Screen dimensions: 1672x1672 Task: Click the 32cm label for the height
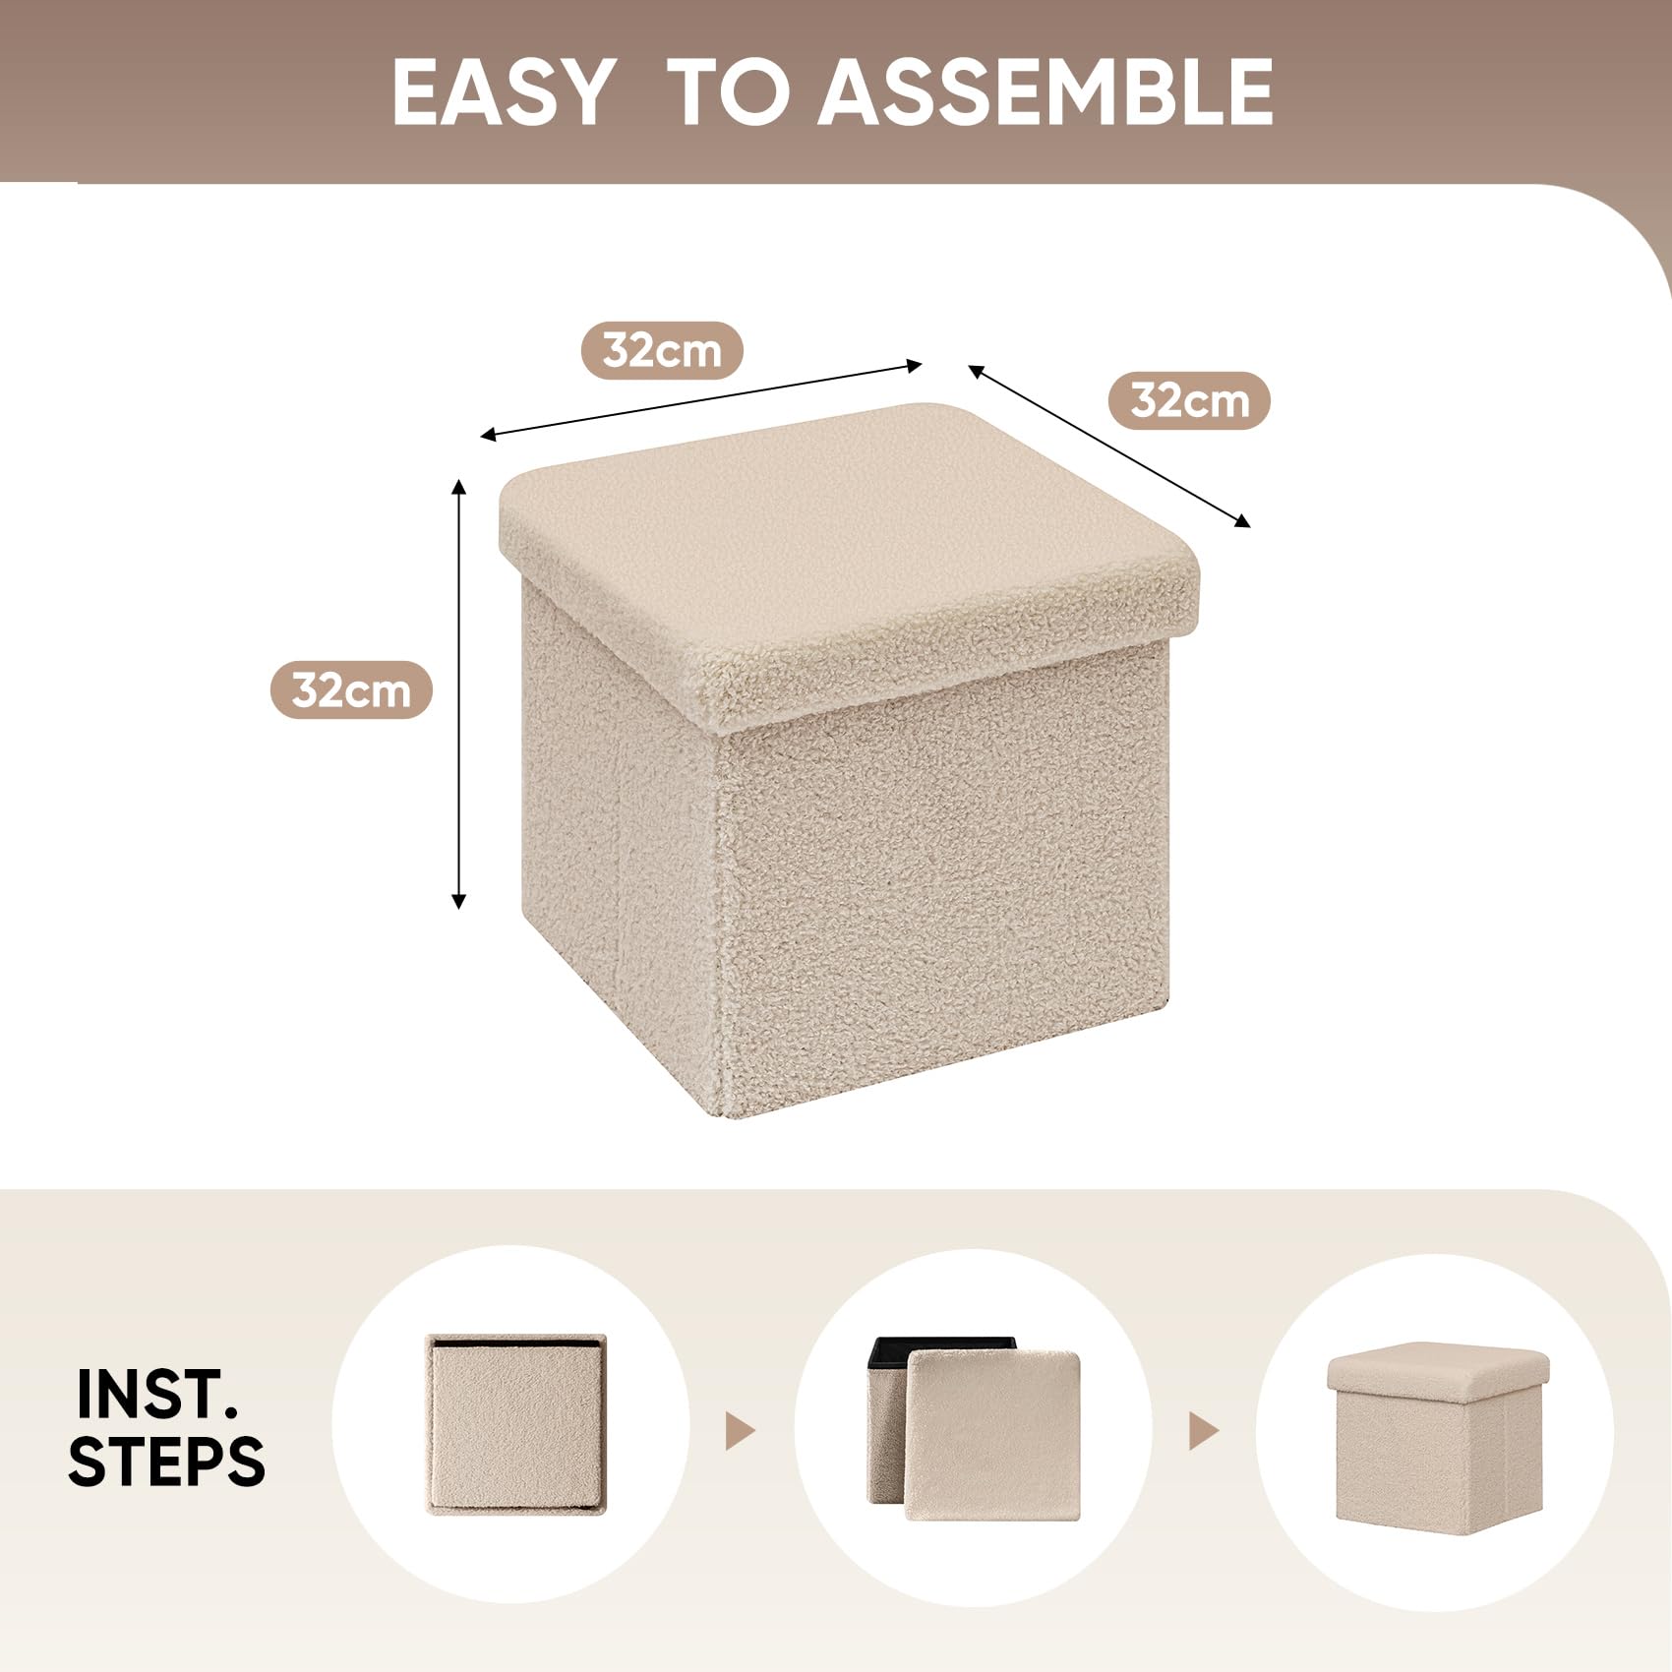[x=351, y=689]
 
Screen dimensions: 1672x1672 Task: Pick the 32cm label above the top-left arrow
[x=662, y=350]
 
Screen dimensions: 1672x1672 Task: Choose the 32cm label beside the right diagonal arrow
[x=1189, y=400]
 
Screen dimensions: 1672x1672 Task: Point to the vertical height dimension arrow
[x=458, y=693]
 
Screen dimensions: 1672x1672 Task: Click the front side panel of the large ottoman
[x=944, y=885]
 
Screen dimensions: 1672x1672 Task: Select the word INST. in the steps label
[x=156, y=1394]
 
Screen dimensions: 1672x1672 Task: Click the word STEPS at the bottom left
[x=166, y=1461]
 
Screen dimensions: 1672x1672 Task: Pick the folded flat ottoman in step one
[x=516, y=1424]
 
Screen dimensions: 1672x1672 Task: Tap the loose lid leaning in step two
[x=992, y=1435]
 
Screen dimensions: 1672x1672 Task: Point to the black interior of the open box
[x=939, y=1348]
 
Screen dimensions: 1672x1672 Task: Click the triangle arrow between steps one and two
[x=740, y=1431]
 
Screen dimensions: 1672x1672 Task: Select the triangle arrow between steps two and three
[x=1204, y=1431]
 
